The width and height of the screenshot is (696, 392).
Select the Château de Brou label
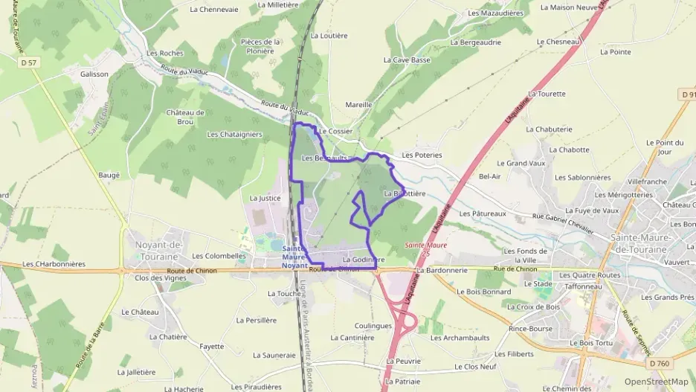[x=185, y=117]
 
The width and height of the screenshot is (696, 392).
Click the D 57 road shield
[x=29, y=63]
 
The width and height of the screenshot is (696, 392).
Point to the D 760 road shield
[x=658, y=363]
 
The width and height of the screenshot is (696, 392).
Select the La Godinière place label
[x=360, y=260]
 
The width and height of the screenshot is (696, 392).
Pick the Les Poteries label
[x=422, y=155]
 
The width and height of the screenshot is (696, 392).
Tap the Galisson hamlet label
[x=94, y=74]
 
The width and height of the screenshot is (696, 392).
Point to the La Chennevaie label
[x=214, y=10]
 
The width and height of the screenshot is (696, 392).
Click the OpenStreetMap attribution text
[x=656, y=382]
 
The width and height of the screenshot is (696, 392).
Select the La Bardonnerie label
[x=441, y=271]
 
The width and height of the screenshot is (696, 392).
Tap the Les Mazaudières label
[x=496, y=13]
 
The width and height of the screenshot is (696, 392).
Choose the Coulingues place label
[x=373, y=325]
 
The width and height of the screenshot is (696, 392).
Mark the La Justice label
[x=265, y=199]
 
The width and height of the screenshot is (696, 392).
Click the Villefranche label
[x=647, y=181]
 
